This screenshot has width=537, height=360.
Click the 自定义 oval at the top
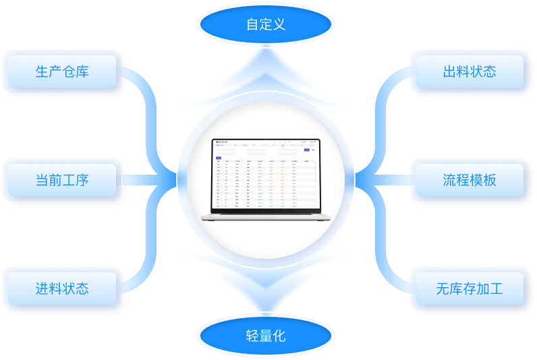266,25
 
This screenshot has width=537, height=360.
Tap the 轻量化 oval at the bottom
266,335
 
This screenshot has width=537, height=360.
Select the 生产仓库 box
62,71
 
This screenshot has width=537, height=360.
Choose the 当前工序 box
62,180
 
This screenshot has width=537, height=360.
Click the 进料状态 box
62,289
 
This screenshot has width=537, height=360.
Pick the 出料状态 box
470,71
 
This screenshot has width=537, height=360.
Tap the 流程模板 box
470,180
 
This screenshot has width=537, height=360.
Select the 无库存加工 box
470,289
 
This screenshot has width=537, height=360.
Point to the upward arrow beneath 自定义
266,74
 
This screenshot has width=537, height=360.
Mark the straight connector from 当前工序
148,180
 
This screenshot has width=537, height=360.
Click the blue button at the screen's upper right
307,150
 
